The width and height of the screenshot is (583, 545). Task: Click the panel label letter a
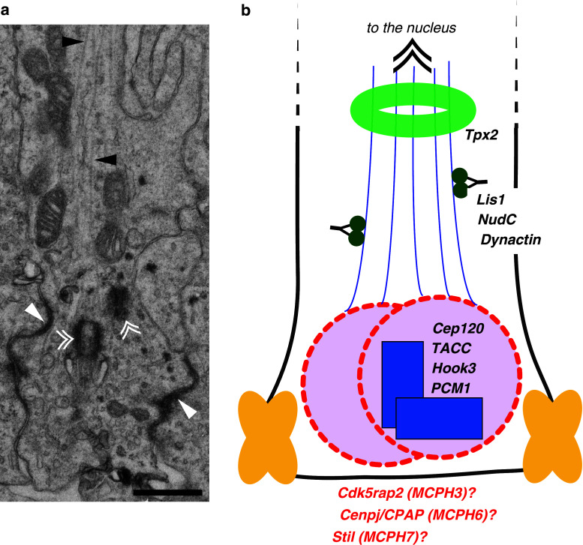tap(6, 10)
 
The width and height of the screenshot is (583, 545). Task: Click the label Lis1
tap(493, 200)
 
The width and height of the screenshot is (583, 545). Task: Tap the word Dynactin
tap(512, 240)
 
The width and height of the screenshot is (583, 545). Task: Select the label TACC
tap(450, 348)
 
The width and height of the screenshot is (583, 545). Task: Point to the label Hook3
tap(455, 368)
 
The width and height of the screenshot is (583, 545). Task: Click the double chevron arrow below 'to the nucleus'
tap(412, 55)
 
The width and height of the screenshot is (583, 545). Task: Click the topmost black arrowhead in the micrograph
tap(72, 43)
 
